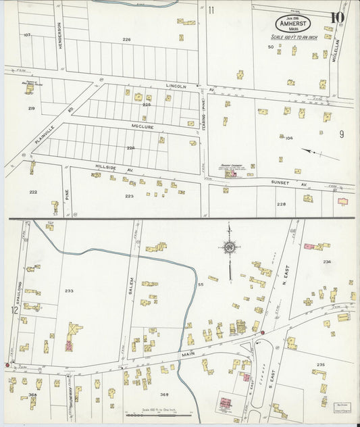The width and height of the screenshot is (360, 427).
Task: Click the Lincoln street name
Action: [176, 86]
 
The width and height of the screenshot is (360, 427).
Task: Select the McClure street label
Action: [143, 126]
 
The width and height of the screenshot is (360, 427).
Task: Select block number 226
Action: [126, 40]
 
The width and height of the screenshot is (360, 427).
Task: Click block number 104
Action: [289, 138]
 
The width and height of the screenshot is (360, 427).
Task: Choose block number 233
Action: [68, 291]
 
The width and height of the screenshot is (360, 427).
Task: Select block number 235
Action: [319, 365]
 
